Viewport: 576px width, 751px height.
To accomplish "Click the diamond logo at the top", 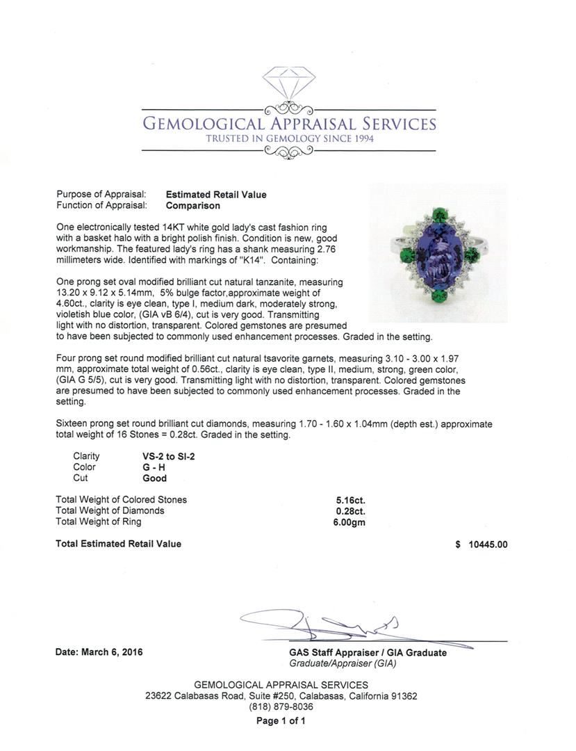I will (288, 81).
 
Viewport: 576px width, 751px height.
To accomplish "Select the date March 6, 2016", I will (99, 653).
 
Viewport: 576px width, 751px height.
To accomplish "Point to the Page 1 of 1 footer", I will (281, 721).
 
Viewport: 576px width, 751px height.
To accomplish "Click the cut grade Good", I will (154, 478).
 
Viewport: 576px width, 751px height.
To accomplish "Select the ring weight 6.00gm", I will (350, 522).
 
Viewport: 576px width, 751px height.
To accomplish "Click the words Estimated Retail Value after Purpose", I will (216, 195).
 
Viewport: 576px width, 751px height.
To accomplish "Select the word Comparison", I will (193, 206).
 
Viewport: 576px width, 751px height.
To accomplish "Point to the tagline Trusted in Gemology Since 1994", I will (290, 139).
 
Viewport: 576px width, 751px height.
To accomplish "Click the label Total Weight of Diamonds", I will (110, 510).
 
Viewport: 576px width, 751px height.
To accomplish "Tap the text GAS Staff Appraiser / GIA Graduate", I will (368, 653).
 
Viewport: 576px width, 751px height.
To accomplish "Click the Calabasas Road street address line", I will (281, 696).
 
